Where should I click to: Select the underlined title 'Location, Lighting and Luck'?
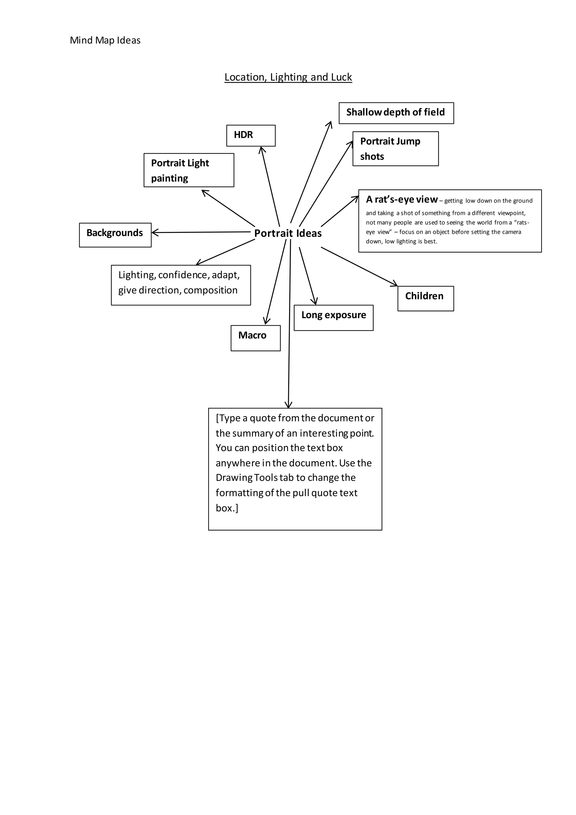pyautogui.click(x=288, y=77)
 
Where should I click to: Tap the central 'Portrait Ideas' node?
pyautogui.click(x=288, y=233)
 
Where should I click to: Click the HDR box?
pyautogui.click(x=251, y=135)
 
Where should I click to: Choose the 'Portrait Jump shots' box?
pyautogui.click(x=395, y=149)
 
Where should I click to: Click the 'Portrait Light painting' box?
pyautogui.click(x=189, y=170)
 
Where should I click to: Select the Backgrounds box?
pyautogui.click(x=115, y=235)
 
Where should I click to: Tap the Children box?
pyautogui.click(x=425, y=298)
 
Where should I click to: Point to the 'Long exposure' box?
pyautogui.click(x=333, y=317)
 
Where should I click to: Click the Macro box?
pyautogui.click(x=255, y=338)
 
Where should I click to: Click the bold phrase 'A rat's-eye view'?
pyautogui.click(x=402, y=200)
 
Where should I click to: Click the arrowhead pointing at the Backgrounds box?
pyautogui.click(x=154, y=232)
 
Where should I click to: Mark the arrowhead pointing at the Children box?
pyautogui.click(x=395, y=284)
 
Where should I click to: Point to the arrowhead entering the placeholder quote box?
pyautogui.click(x=288, y=406)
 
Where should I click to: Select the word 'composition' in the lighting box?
pyautogui.click(x=210, y=290)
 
